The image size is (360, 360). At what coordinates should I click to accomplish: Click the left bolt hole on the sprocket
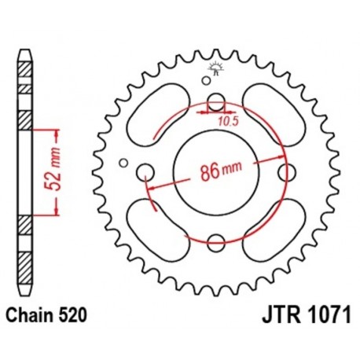(x=145, y=172)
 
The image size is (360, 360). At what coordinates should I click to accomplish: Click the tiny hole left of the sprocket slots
(x=123, y=163)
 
